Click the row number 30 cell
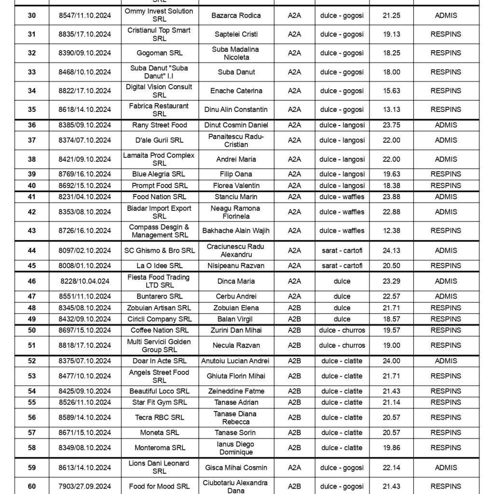point(32,15)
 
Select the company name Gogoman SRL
point(159,53)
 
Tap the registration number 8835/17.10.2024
point(84,34)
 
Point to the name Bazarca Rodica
point(236,15)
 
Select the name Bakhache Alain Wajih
point(236,231)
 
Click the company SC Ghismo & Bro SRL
point(159,250)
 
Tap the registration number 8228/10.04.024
point(84,281)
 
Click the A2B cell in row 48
point(294,308)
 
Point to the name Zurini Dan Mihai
point(236,330)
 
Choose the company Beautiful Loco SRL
point(159,391)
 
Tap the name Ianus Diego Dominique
point(236,448)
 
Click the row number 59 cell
point(32,467)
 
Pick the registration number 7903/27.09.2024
point(84,486)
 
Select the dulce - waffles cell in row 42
point(342,212)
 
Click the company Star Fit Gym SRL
point(159,402)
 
